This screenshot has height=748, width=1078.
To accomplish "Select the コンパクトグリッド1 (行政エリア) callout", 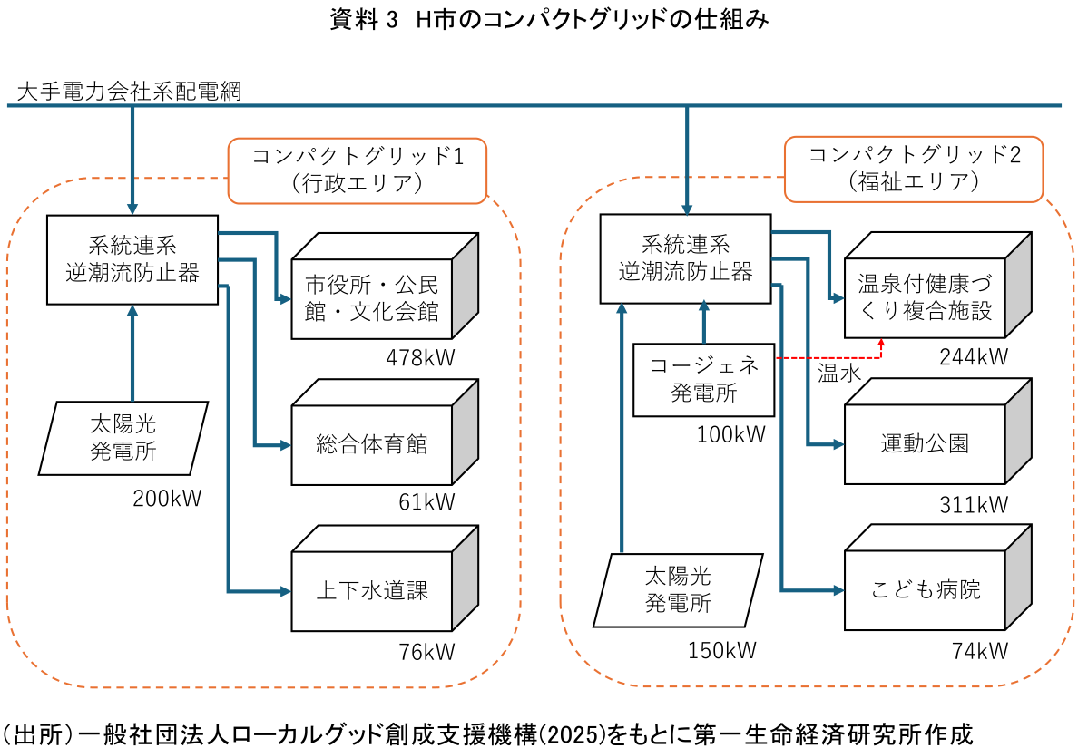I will (358, 170).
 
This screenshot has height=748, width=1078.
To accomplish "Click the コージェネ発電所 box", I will (704, 379).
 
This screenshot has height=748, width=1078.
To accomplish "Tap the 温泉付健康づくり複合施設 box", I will (926, 299).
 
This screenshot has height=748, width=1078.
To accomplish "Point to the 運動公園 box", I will (926, 444).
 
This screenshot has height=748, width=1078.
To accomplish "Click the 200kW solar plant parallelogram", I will (130, 437).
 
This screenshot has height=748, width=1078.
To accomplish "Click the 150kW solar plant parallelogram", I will (678, 590).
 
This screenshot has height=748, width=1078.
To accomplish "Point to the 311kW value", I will (973, 504).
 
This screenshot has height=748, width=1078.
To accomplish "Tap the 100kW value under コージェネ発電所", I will (731, 434).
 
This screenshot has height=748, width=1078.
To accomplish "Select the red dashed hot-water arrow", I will (826, 357).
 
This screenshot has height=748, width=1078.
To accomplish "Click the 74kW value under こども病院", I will (980, 650).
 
